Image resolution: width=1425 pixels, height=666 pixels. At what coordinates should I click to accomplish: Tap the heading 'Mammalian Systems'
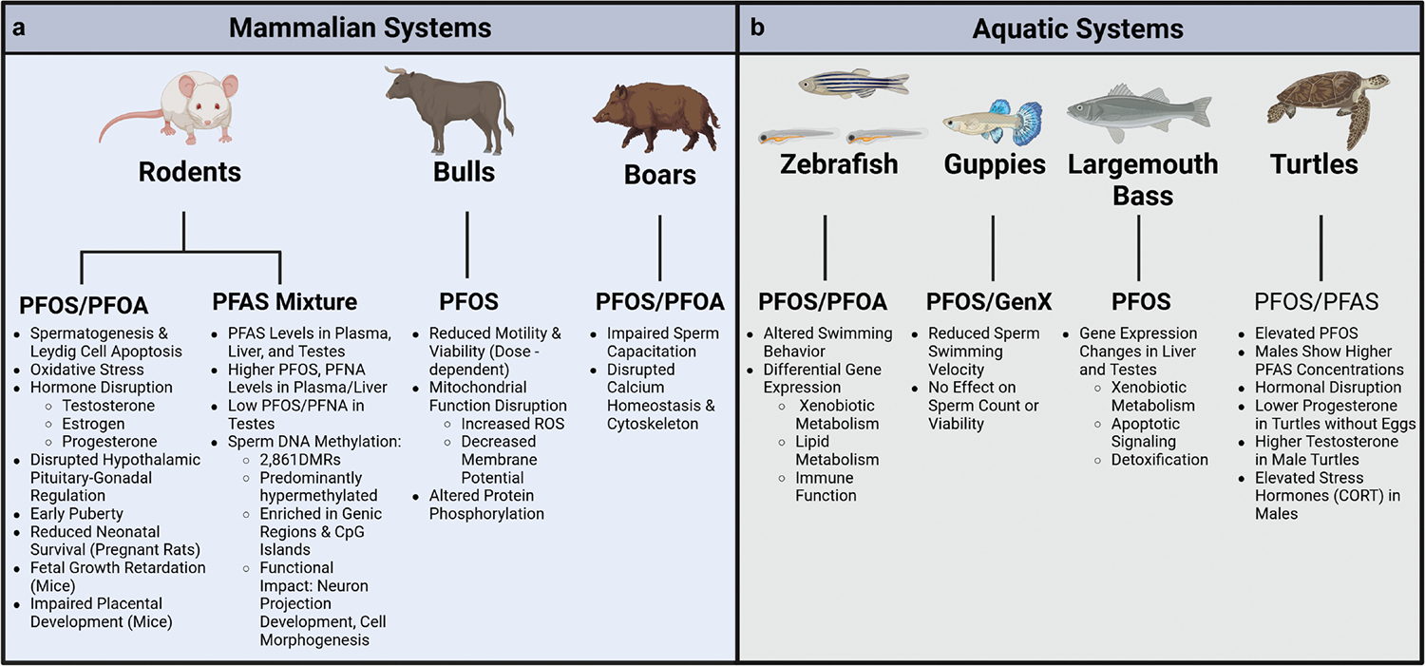pos(360,28)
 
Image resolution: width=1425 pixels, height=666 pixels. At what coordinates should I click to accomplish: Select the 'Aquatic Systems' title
pos(1078,29)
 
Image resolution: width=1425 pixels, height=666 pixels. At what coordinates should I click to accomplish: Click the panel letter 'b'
pos(757,28)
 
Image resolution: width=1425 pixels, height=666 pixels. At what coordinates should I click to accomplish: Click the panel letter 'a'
pos(19,28)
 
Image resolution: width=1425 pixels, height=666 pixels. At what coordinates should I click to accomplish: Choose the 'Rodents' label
pos(190,172)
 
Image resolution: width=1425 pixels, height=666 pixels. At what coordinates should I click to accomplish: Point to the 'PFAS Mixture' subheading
pos(283,302)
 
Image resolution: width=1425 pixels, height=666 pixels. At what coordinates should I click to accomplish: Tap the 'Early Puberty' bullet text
pos(77,514)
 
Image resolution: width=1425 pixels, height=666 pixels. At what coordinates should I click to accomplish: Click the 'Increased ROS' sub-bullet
pos(513,424)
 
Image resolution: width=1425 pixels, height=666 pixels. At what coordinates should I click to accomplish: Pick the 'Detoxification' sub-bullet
pos(1159,460)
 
